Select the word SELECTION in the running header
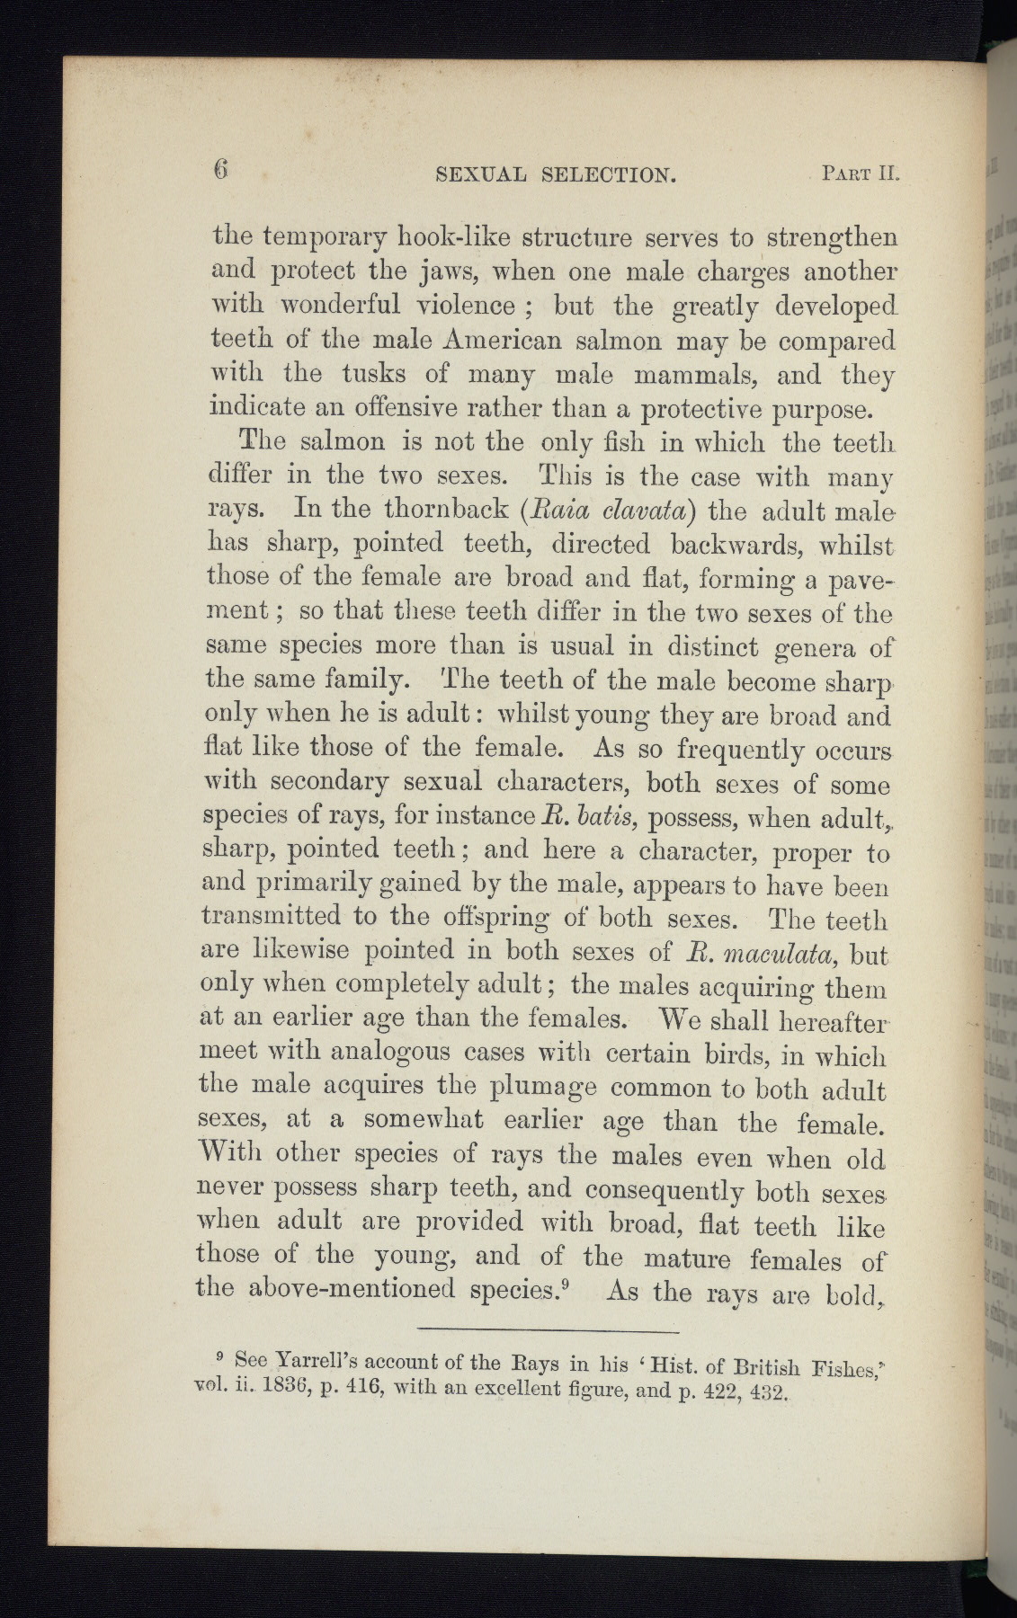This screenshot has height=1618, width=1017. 610,173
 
